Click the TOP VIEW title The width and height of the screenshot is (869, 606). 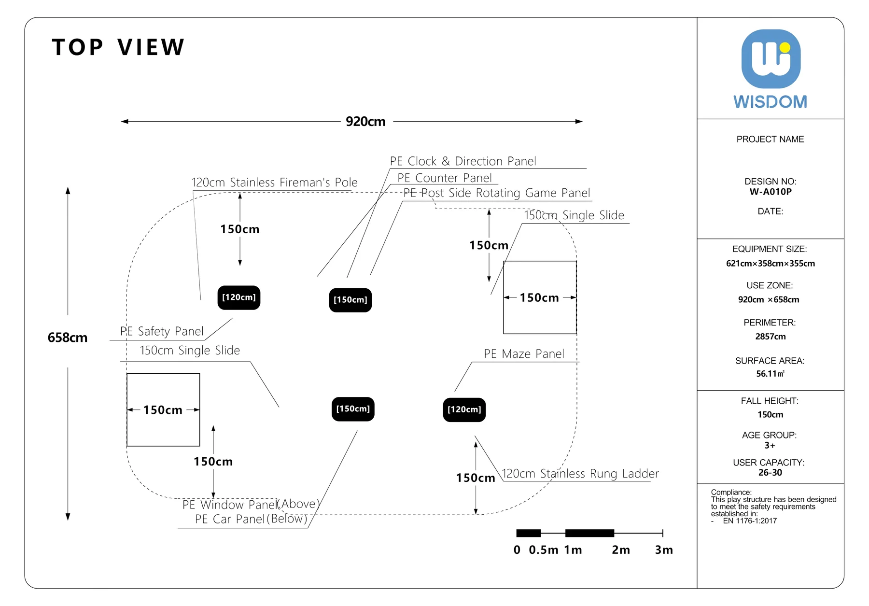coord(118,47)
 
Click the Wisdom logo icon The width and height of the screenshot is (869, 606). coord(771,59)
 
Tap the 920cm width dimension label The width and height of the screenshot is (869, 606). coord(365,122)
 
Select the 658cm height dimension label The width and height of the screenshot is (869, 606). coord(68,338)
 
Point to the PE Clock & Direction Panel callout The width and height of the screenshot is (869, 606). coord(463,161)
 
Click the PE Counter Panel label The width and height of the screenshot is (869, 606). coord(445,178)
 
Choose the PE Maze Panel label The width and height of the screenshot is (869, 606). coord(524,354)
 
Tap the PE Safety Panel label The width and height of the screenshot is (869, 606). coord(162,331)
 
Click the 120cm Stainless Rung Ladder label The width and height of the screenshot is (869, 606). coord(580,474)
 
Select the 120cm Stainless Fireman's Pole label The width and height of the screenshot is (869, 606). coord(275,183)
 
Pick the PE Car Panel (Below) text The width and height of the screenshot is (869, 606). coord(251,519)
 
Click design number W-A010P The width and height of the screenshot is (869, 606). coord(771,192)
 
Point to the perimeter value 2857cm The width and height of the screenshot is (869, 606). coord(771,337)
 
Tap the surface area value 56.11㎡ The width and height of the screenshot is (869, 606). coord(771,374)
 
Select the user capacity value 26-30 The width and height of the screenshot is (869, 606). coord(770,473)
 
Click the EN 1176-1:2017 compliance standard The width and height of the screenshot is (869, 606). coord(750,521)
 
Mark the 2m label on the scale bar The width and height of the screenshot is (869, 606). coord(621,550)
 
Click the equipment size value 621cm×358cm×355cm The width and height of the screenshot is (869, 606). coord(771,264)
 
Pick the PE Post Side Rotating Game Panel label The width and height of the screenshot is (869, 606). coord(497,193)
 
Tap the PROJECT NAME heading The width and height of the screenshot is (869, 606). coord(771,140)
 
